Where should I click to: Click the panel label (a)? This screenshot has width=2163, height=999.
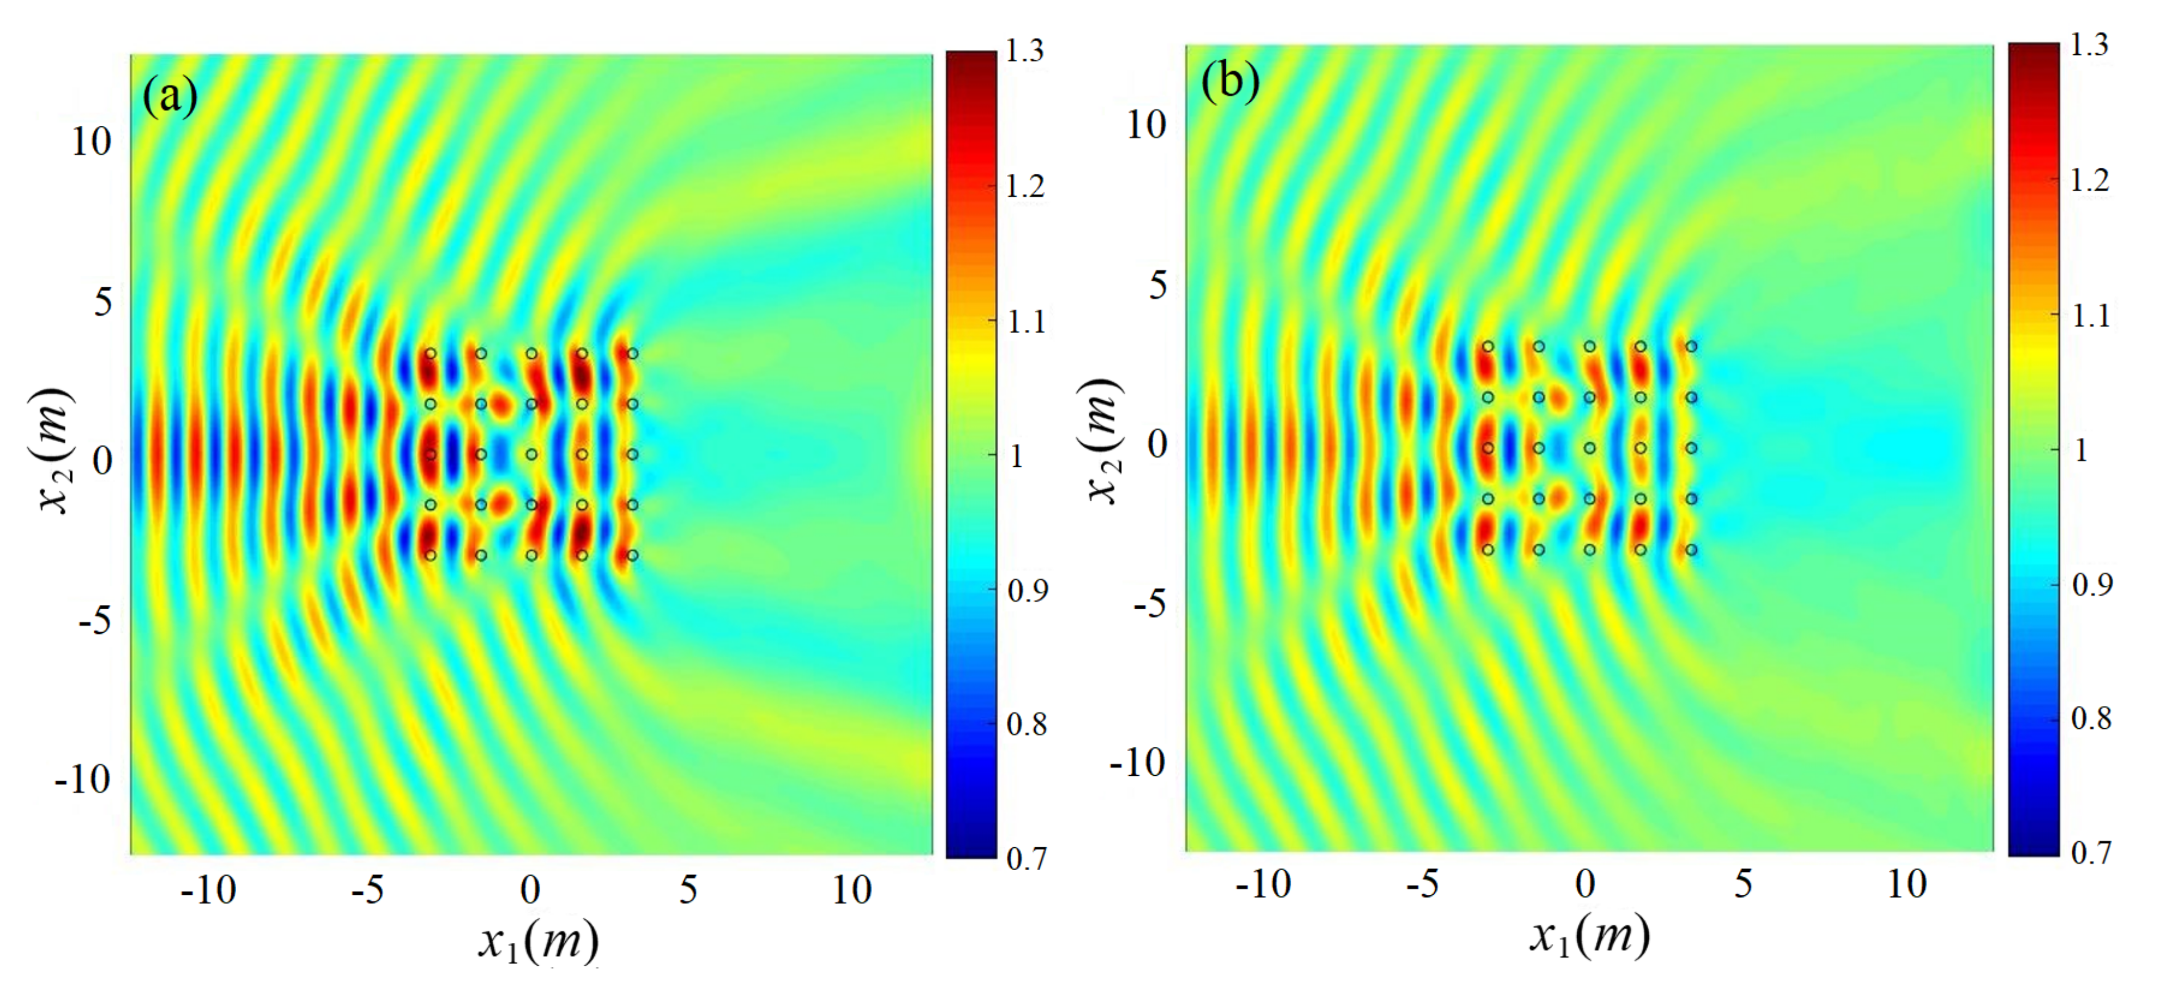pos(170,97)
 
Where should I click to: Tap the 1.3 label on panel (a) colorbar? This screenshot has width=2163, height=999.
pos(1025,51)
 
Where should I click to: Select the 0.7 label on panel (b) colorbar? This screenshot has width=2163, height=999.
pos(2090,853)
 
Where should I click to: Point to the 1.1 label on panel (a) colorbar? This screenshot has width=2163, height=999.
pos(1025,321)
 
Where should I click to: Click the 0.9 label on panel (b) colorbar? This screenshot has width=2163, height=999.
pos(2091,584)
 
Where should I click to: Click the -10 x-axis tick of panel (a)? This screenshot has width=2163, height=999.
pos(208,890)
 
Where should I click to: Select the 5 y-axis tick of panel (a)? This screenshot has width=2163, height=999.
pos(102,300)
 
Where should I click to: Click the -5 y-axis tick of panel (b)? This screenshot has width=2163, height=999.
pos(1149,602)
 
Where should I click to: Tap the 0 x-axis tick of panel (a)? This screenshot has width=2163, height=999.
pos(530,890)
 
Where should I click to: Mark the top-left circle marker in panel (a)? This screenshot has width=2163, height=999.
pos(431,353)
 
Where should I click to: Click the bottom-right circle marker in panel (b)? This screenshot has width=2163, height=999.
pos(1692,550)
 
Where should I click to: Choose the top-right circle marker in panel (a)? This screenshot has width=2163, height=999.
pos(632,353)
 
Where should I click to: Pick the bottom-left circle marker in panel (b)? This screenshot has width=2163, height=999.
pos(1488,550)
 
